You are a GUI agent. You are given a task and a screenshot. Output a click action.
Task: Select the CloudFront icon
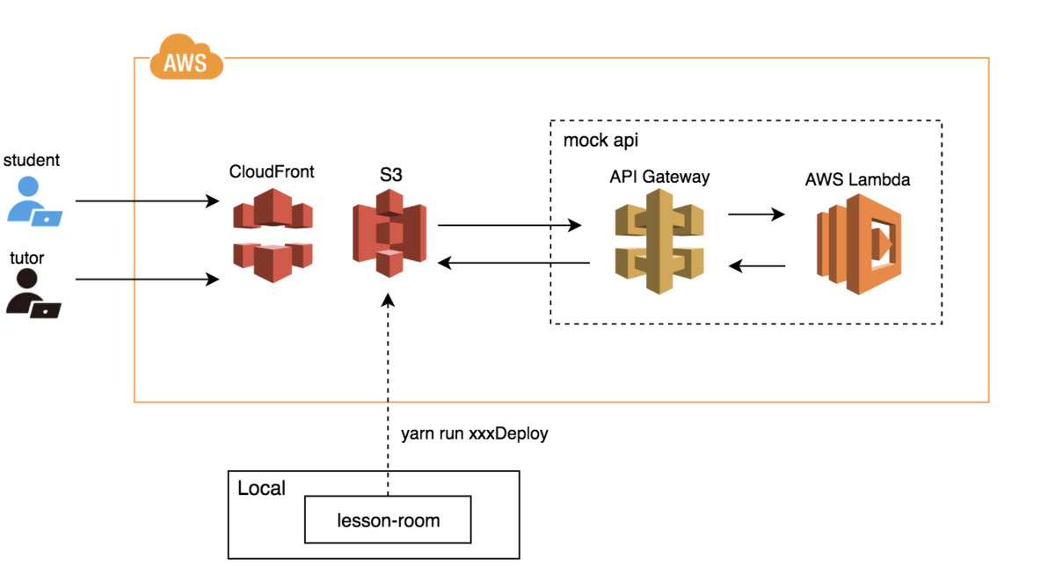pyautogui.click(x=273, y=236)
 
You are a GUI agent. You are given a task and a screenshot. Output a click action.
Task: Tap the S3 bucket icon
pyautogui.click(x=389, y=232)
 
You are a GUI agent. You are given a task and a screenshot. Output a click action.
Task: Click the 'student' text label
pyautogui.click(x=32, y=160)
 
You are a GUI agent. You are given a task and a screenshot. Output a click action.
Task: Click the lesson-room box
pyautogui.click(x=388, y=520)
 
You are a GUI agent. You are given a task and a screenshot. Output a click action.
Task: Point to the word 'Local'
pyautogui.click(x=261, y=488)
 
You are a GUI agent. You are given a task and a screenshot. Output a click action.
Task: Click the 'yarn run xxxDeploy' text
pyautogui.click(x=474, y=434)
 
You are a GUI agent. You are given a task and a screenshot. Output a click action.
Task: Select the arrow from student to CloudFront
pyautogui.click(x=147, y=201)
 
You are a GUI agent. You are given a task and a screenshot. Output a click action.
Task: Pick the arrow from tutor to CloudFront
pyautogui.click(x=147, y=280)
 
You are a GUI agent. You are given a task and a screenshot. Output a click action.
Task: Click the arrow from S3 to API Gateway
pyautogui.click(x=510, y=226)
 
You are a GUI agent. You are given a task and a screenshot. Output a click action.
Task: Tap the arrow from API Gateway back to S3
pyautogui.click(x=514, y=262)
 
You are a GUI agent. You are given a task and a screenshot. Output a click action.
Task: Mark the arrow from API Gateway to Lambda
pyautogui.click(x=756, y=214)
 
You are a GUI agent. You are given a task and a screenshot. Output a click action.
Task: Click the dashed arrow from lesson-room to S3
pyautogui.click(x=387, y=387)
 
